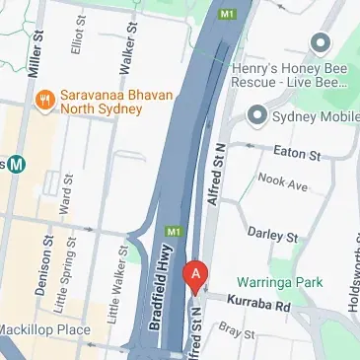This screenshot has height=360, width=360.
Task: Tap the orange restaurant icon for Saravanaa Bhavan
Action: click(x=44, y=100)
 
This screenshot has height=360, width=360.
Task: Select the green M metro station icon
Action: click(x=16, y=166)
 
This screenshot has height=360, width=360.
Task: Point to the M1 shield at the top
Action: click(x=229, y=15)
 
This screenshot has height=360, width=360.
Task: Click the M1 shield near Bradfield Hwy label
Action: click(x=175, y=232)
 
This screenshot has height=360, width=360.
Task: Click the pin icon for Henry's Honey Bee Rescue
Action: click(x=320, y=42)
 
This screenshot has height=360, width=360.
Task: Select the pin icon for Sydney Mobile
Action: click(x=257, y=115)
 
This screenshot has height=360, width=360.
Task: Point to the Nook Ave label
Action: click(x=283, y=183)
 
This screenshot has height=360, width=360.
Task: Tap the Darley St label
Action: click(x=272, y=236)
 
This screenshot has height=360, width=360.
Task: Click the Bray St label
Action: click(x=239, y=332)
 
